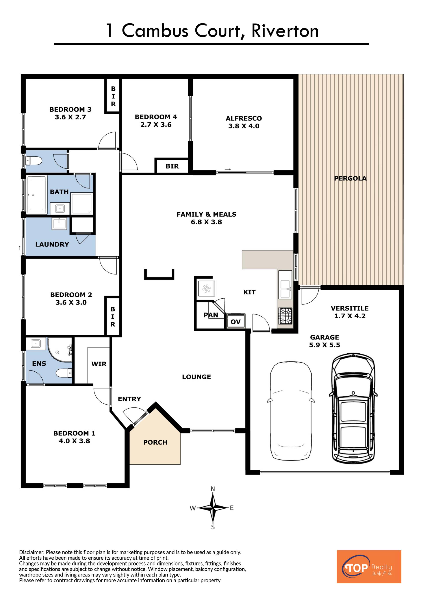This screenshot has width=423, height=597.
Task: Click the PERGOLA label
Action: (350, 178)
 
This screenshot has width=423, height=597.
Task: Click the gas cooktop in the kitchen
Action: (286, 316)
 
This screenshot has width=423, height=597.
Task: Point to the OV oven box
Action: (236, 322)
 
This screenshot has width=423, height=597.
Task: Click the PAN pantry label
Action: (211, 315)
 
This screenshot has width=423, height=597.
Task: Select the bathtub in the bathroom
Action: (37, 195)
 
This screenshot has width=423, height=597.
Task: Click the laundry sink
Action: (59, 223)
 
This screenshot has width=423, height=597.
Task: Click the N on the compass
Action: (213, 489)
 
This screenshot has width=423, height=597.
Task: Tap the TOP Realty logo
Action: (369, 567)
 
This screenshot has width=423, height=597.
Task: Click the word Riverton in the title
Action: (285, 31)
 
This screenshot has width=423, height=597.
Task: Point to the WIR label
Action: (99, 364)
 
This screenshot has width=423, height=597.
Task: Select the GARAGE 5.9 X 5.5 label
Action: (325, 341)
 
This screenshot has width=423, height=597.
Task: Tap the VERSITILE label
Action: (350, 308)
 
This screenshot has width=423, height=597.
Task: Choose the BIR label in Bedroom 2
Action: (113, 317)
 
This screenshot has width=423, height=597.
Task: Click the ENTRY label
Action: (130, 399)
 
